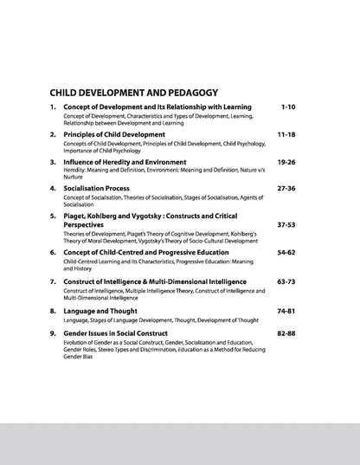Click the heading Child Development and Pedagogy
(x=133, y=91)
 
